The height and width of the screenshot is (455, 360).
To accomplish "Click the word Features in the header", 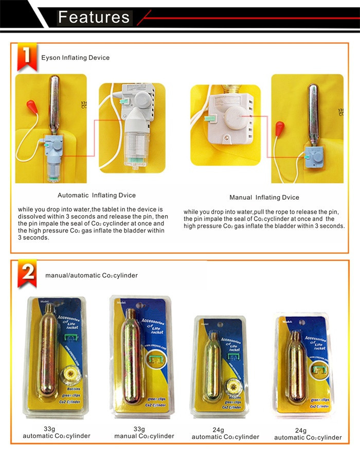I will pyautogui.click(x=94, y=17).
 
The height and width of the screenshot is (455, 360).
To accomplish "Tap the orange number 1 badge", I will pyautogui.click(x=26, y=58).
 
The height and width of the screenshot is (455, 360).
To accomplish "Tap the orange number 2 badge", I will pyautogui.click(x=27, y=275).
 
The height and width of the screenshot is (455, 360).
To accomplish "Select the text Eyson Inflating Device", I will pyautogui.click(x=75, y=58).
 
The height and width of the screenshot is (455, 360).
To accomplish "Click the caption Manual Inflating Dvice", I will pyautogui.click(x=264, y=197).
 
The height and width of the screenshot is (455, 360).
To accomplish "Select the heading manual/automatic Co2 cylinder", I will pyautogui.click(x=91, y=275).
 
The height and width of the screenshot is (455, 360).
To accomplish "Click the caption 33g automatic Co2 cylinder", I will pyautogui.click(x=56, y=432).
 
